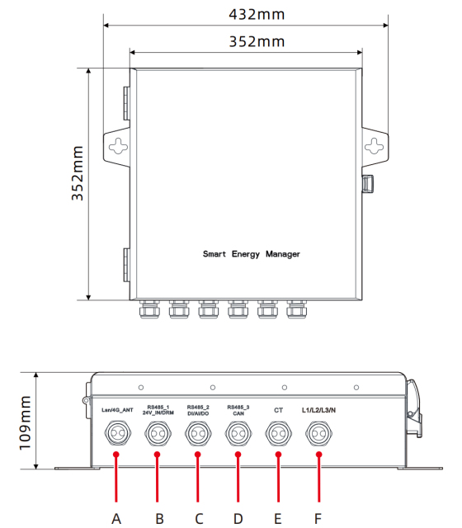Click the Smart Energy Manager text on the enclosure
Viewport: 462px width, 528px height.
coord(252,255)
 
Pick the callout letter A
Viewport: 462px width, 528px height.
coord(116,518)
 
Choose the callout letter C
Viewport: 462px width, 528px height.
coord(198,518)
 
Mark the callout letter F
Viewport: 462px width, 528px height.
coord(318,518)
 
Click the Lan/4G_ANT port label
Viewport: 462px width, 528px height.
coord(117,410)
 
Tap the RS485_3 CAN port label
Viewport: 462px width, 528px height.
coord(238,409)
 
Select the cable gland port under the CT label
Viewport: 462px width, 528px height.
coord(278,433)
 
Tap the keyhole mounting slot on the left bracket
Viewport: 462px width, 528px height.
coord(120,147)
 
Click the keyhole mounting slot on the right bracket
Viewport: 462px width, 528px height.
coord(375,147)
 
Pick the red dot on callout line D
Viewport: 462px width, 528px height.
coord(238,455)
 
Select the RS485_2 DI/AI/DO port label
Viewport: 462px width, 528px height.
coord(198,409)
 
